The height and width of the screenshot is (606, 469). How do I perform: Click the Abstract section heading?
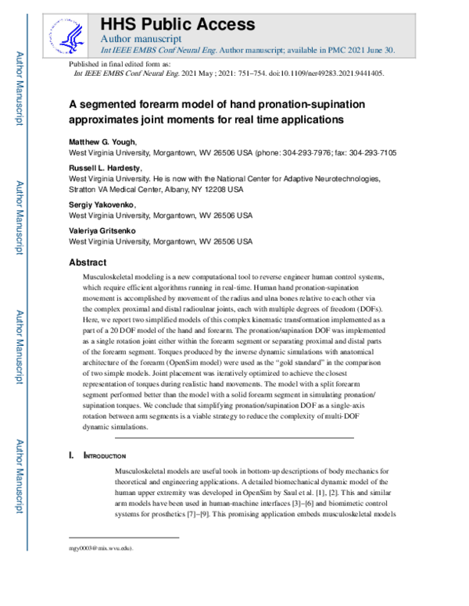coord(91,263)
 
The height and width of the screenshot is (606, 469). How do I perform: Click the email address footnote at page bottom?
coord(101,548)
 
